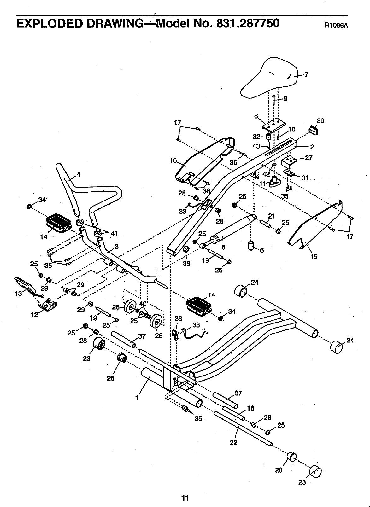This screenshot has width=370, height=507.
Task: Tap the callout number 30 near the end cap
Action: [x=320, y=121]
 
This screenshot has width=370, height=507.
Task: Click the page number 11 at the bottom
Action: [x=185, y=498]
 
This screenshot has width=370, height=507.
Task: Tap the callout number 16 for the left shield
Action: [x=173, y=161]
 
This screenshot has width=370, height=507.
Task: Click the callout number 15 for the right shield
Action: [x=314, y=257]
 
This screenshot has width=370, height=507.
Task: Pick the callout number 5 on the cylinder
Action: [x=223, y=247]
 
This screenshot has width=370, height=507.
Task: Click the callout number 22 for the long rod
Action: [x=233, y=443]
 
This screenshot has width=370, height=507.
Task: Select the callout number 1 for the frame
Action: [x=137, y=398]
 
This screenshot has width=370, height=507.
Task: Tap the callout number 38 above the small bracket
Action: [x=178, y=318]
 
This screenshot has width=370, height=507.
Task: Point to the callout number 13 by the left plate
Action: [x=18, y=294]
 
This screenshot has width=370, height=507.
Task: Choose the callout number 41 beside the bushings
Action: [x=114, y=234]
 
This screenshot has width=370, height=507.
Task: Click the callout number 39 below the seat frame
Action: [x=187, y=263]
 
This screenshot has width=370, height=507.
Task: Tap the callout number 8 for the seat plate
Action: [x=256, y=116]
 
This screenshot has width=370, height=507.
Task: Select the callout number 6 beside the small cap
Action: [x=261, y=250]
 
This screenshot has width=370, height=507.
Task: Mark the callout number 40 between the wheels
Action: [x=143, y=304]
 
